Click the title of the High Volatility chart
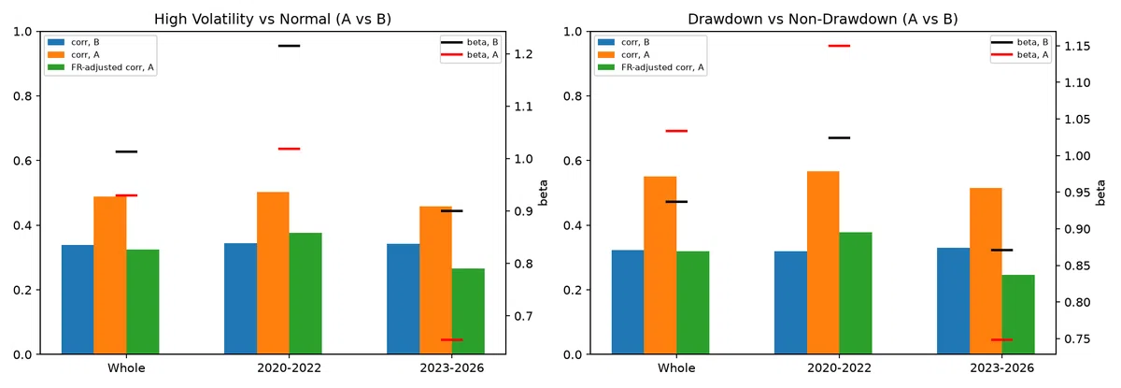[x=273, y=19]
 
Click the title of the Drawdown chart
[x=823, y=19]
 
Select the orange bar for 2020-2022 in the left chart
[x=273, y=273]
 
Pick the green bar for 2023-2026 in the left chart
[x=468, y=311]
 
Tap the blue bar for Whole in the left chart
[x=78, y=299]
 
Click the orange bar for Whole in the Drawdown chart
[x=660, y=266]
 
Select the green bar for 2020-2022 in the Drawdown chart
[x=856, y=293]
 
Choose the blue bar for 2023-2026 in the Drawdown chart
[x=953, y=301]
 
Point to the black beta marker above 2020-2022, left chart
[x=290, y=46]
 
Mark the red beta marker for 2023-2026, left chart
[x=452, y=340]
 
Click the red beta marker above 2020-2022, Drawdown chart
[x=839, y=46]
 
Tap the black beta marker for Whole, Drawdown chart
[x=676, y=202]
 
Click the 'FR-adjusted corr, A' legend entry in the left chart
[x=101, y=67]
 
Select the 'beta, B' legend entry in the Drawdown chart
[x=1020, y=42]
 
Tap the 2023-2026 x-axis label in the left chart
[x=452, y=368]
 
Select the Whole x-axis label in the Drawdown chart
[x=676, y=368]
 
